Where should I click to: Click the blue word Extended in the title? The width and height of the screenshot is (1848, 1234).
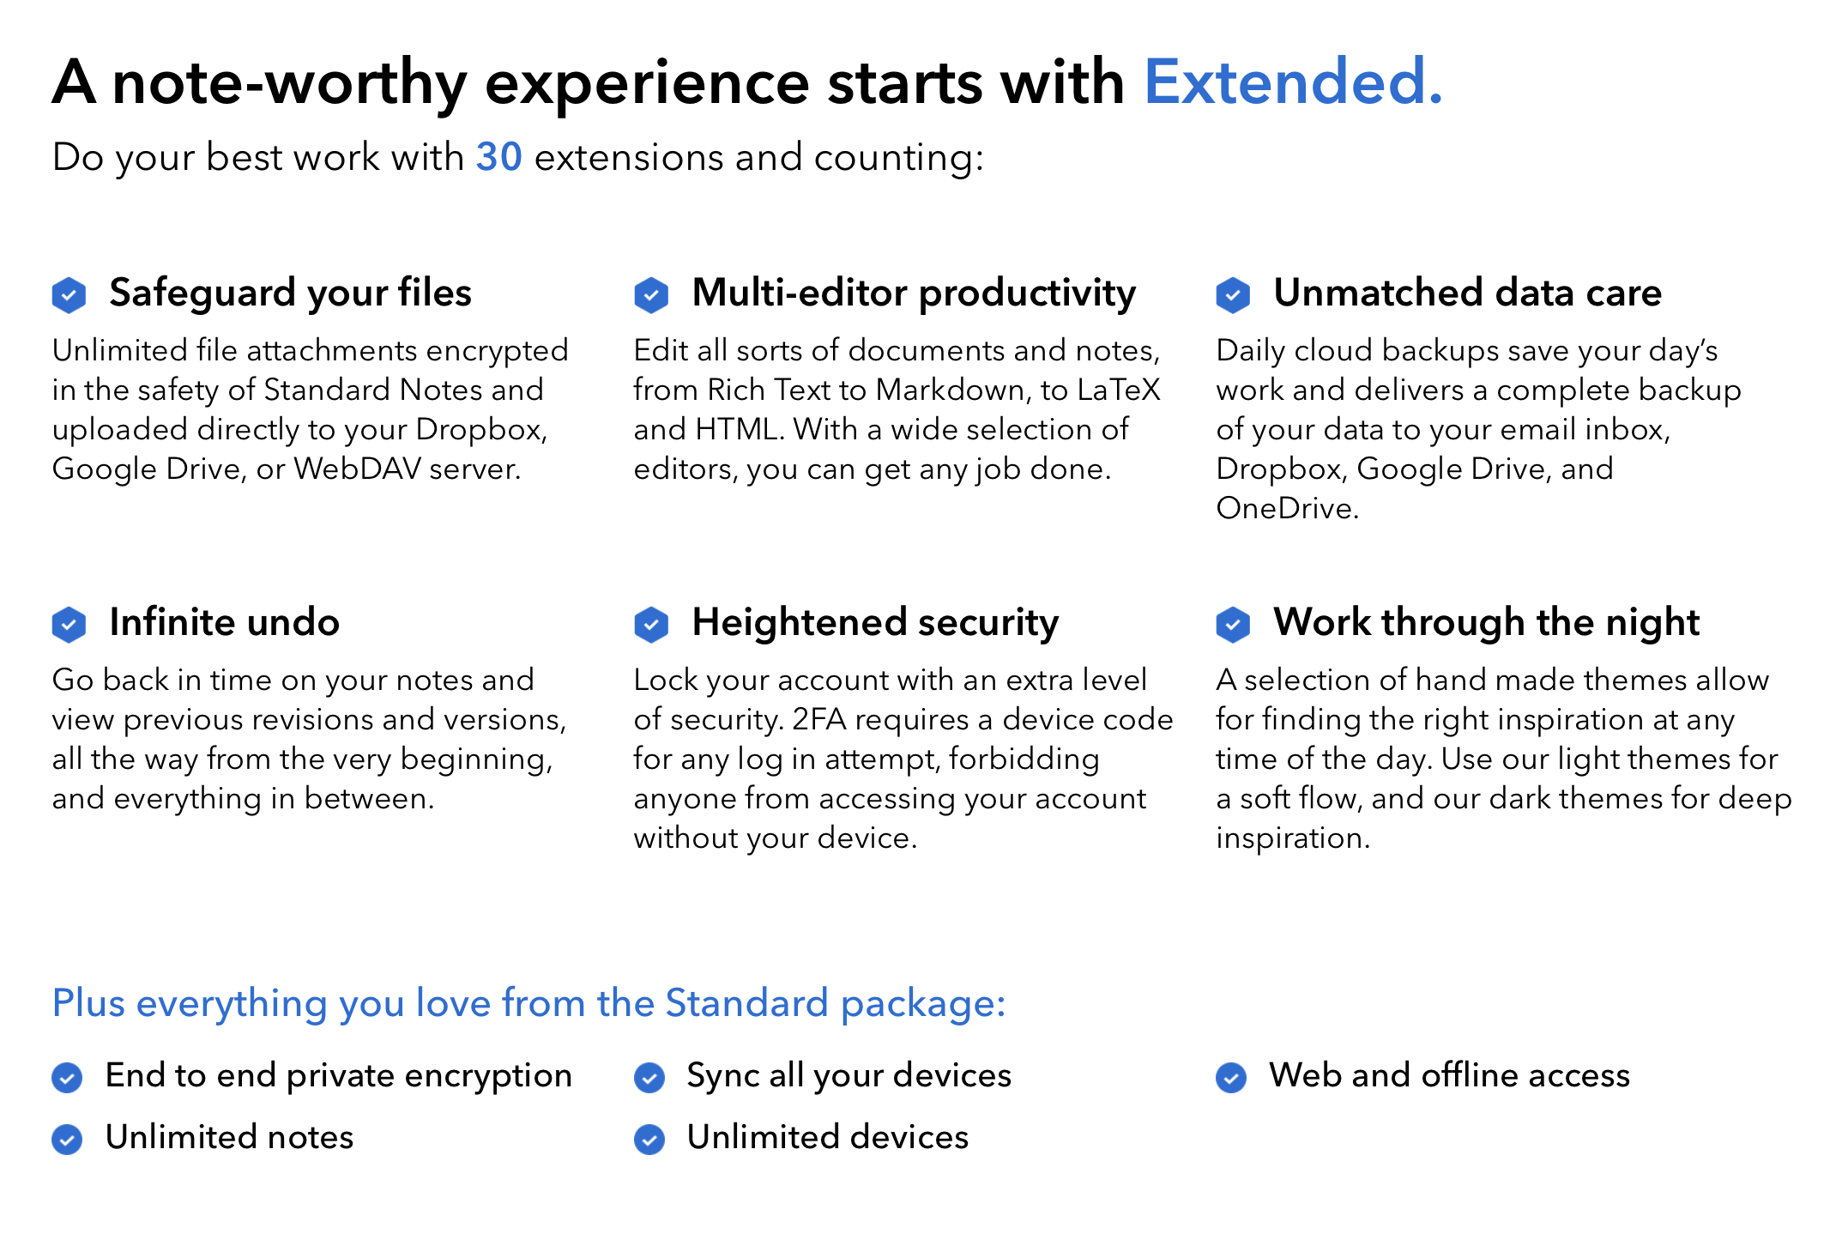[x=1284, y=82]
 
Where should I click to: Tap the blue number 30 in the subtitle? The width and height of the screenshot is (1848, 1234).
[x=498, y=157]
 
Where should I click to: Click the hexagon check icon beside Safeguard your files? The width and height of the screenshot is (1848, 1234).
[x=69, y=294]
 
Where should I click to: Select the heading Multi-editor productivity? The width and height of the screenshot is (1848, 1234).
[x=914, y=293]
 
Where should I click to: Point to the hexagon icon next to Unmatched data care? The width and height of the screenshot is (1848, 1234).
[x=1233, y=294]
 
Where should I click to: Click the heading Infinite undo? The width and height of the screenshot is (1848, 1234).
[x=224, y=622]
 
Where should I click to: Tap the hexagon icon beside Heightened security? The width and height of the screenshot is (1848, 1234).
[x=651, y=624]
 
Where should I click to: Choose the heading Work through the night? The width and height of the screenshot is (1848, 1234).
[x=1486, y=623]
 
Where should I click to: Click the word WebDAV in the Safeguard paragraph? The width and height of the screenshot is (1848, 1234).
[x=358, y=469]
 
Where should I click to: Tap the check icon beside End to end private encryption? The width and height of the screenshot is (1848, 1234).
[x=67, y=1077]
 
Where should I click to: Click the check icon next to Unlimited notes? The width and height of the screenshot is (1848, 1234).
[x=67, y=1139]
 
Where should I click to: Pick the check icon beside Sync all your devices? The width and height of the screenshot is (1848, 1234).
[x=649, y=1077]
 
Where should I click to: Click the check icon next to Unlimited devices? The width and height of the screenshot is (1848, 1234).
[x=649, y=1139]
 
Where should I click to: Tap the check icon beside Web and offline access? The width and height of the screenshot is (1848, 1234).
[x=1231, y=1077]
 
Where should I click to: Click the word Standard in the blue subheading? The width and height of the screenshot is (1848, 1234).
[x=746, y=1003]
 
